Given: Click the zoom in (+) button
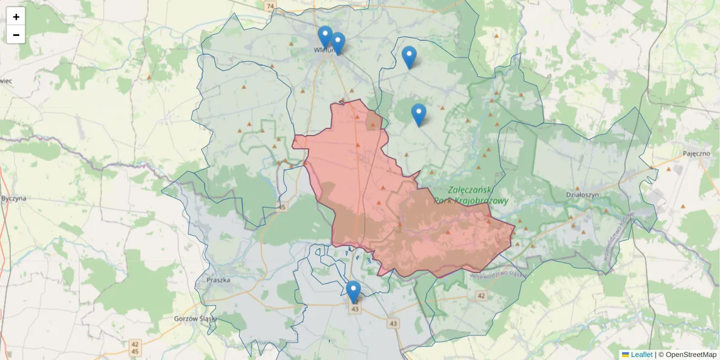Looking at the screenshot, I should click(x=16, y=17).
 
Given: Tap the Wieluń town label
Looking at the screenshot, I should click(x=319, y=51).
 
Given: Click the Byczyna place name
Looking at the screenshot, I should click(x=13, y=198).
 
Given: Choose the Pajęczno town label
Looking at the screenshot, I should click(x=695, y=154).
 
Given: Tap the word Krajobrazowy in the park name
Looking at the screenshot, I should click(x=471, y=201).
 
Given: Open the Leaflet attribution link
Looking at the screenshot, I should click(x=641, y=355).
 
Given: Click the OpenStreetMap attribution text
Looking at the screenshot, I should click(x=691, y=355).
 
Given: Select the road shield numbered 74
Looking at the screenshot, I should click(x=270, y=6).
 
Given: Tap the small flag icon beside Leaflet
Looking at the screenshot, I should click(x=625, y=355).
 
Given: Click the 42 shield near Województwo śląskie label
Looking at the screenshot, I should click(x=481, y=296).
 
